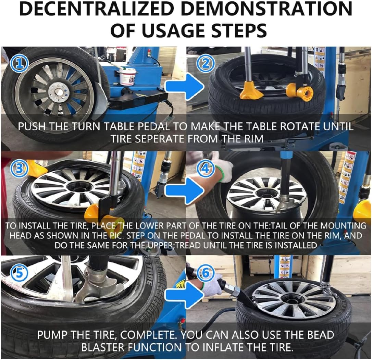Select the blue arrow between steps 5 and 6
pos(181,295)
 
